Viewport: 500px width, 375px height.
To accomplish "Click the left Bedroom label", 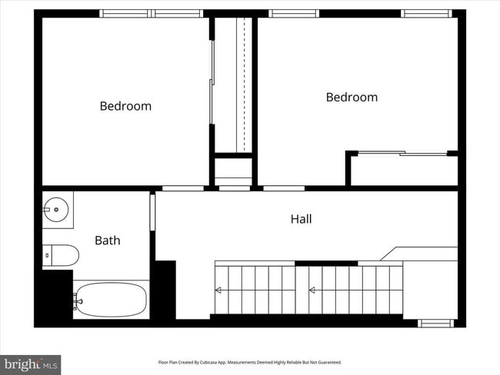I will (125, 106).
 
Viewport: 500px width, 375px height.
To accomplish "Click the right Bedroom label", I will (352, 97).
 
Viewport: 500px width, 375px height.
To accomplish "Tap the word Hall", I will (301, 219).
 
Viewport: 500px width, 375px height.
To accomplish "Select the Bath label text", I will (108, 241).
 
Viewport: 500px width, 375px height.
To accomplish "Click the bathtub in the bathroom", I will (111, 300).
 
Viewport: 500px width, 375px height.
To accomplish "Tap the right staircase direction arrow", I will (313, 290).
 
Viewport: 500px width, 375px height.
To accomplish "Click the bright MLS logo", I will (31, 363).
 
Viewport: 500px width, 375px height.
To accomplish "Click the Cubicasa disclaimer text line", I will (249, 362).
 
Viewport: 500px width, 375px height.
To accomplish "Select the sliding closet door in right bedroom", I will (402, 154).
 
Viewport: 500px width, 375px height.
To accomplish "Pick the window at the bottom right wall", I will (435, 323).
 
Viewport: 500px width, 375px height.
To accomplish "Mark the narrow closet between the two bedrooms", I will (233, 85).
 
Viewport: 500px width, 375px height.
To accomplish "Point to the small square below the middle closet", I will (233, 169).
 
